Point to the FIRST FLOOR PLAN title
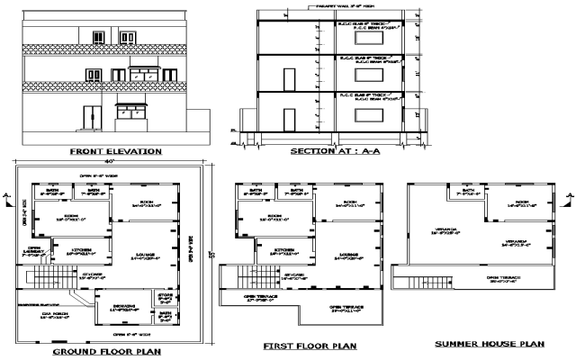point(310,345)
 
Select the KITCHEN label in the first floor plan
point(286,248)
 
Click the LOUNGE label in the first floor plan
point(346,255)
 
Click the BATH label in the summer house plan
point(468,190)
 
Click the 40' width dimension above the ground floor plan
point(106,161)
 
